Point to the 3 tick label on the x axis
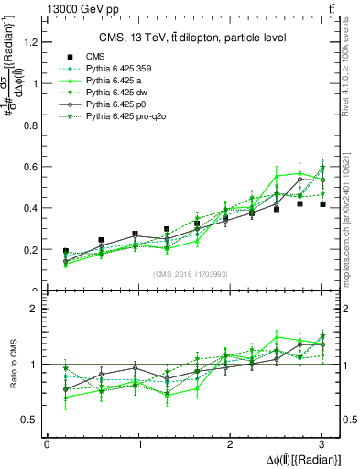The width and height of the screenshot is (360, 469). coord(322,444)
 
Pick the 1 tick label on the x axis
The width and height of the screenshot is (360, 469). coord(138,444)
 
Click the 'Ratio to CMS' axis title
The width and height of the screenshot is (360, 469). coord(14,365)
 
